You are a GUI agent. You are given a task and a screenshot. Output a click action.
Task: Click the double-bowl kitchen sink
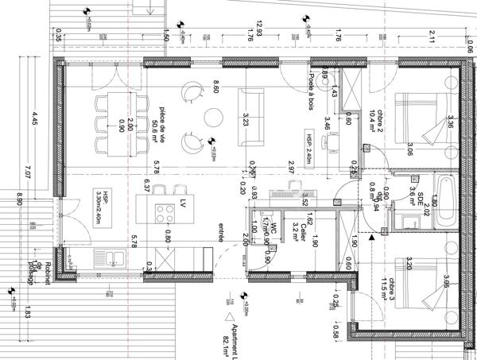click(x=107, y=257)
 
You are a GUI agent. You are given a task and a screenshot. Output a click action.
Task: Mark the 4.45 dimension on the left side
click(x=33, y=120)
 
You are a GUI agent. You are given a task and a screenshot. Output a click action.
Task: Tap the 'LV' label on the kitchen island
click(x=183, y=202)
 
